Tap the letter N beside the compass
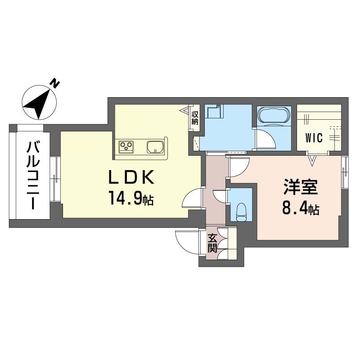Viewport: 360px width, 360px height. click(55, 83)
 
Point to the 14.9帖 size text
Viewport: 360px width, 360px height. click(131, 198)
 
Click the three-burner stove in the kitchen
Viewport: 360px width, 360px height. click(126, 145)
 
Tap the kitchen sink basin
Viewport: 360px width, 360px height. click(155, 146)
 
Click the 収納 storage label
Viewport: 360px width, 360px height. click(195, 118)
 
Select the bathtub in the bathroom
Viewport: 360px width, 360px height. click(273, 116)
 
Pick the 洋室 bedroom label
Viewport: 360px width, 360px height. click(300, 188)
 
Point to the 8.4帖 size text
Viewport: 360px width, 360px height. click(300, 208)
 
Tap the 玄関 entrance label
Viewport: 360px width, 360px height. click(213, 243)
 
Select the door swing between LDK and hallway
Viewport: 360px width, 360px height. click(192, 198)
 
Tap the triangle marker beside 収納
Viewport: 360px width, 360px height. click(185, 109)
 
